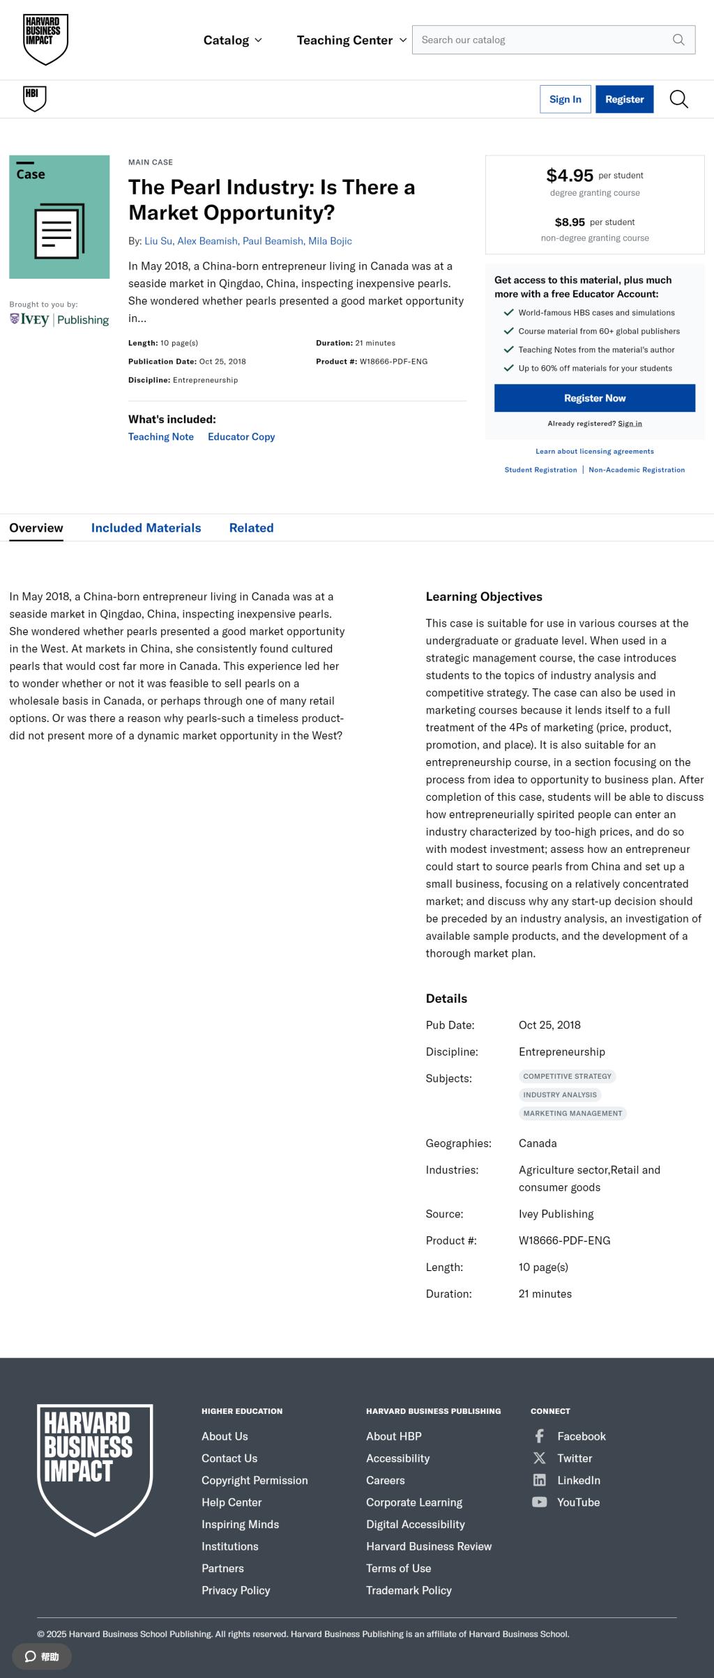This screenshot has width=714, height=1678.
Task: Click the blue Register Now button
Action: pyautogui.click(x=595, y=398)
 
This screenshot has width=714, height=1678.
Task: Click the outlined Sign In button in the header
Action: pyautogui.click(x=565, y=99)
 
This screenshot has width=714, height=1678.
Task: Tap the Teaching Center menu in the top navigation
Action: pyautogui.click(x=351, y=40)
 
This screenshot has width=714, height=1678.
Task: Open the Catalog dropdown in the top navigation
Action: pyautogui.click(x=233, y=40)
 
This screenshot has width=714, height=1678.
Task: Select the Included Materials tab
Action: pyautogui.click(x=146, y=528)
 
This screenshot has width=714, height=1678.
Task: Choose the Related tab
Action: pyautogui.click(x=251, y=528)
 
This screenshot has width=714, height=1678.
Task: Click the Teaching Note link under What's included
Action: pyautogui.click(x=161, y=437)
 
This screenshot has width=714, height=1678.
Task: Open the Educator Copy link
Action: pyautogui.click(x=241, y=437)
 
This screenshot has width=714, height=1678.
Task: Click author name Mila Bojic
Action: pyautogui.click(x=330, y=241)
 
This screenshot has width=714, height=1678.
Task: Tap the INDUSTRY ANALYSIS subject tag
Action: pyautogui.click(x=560, y=1095)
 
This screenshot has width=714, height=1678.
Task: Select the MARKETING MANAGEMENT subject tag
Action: pyautogui.click(x=572, y=1114)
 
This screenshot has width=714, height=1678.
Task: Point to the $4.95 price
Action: pyautogui.click(x=570, y=176)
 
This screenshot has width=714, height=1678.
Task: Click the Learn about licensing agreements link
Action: pyautogui.click(x=595, y=452)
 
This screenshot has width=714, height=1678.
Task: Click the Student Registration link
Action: pyautogui.click(x=540, y=470)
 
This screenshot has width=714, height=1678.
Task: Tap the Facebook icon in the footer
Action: pyautogui.click(x=539, y=1436)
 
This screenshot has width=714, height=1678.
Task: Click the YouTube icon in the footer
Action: pyautogui.click(x=539, y=1502)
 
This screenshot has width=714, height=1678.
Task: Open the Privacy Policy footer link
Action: pyautogui.click(x=236, y=1590)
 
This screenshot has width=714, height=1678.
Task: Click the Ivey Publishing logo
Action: pyautogui.click(x=59, y=320)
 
